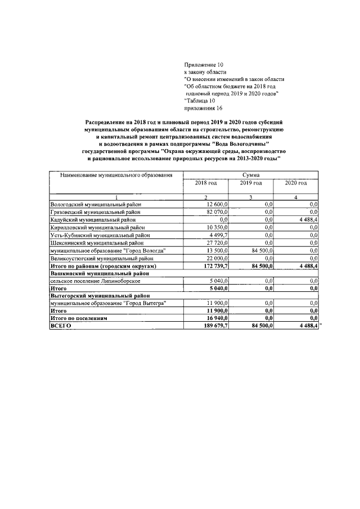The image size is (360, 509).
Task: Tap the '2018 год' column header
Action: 205,183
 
